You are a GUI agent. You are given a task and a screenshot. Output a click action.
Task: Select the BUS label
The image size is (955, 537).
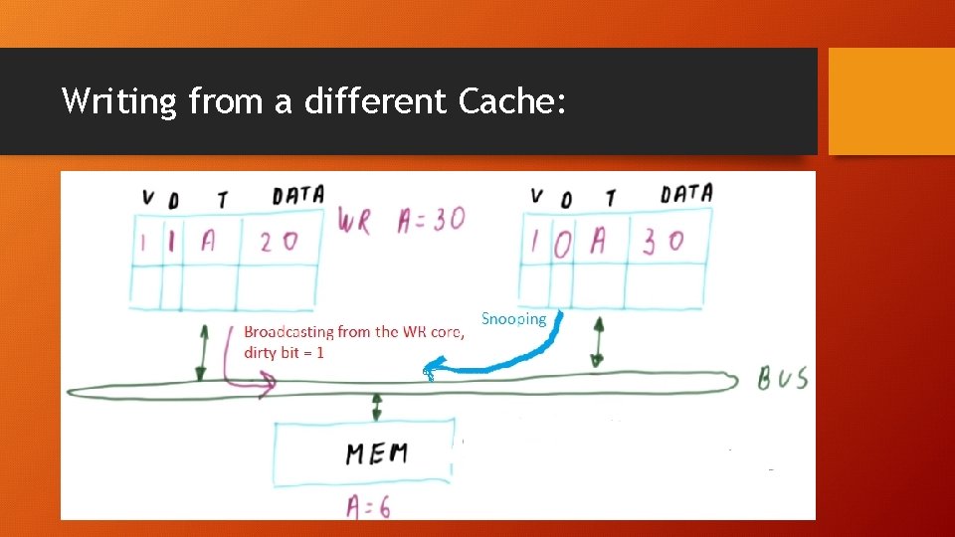tap(783, 379)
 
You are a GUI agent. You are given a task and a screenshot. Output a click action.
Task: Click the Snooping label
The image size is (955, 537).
tap(513, 319)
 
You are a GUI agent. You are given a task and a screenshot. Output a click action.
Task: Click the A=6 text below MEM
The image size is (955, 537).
tap(368, 506)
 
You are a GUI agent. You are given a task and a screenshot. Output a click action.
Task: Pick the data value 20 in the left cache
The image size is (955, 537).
tap(278, 242)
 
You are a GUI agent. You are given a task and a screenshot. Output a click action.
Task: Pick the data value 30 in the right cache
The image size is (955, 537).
tap(663, 242)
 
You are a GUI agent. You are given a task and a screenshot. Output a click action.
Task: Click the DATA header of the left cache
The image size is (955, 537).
tap(297, 196)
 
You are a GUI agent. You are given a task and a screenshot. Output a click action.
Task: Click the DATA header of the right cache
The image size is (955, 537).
tap(686, 194)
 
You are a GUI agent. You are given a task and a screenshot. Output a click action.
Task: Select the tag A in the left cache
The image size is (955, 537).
tap(207, 242)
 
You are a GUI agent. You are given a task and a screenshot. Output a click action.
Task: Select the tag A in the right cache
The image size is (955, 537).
tap(598, 242)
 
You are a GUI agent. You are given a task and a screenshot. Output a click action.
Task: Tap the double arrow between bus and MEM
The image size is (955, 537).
tap(377, 406)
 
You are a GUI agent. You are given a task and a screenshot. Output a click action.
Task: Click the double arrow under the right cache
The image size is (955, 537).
tap(598, 342)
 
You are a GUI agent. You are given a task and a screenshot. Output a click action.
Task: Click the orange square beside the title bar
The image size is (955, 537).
tap(891, 100)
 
